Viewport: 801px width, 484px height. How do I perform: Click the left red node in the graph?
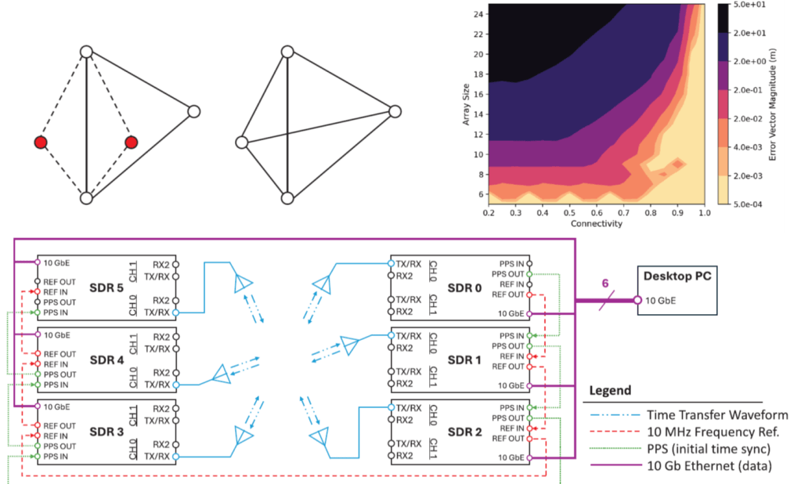point(41,143)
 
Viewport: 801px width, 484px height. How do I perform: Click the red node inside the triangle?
point(132,143)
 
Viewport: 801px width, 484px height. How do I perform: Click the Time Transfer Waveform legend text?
point(717,415)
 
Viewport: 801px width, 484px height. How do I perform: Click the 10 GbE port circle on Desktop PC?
point(638,301)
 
